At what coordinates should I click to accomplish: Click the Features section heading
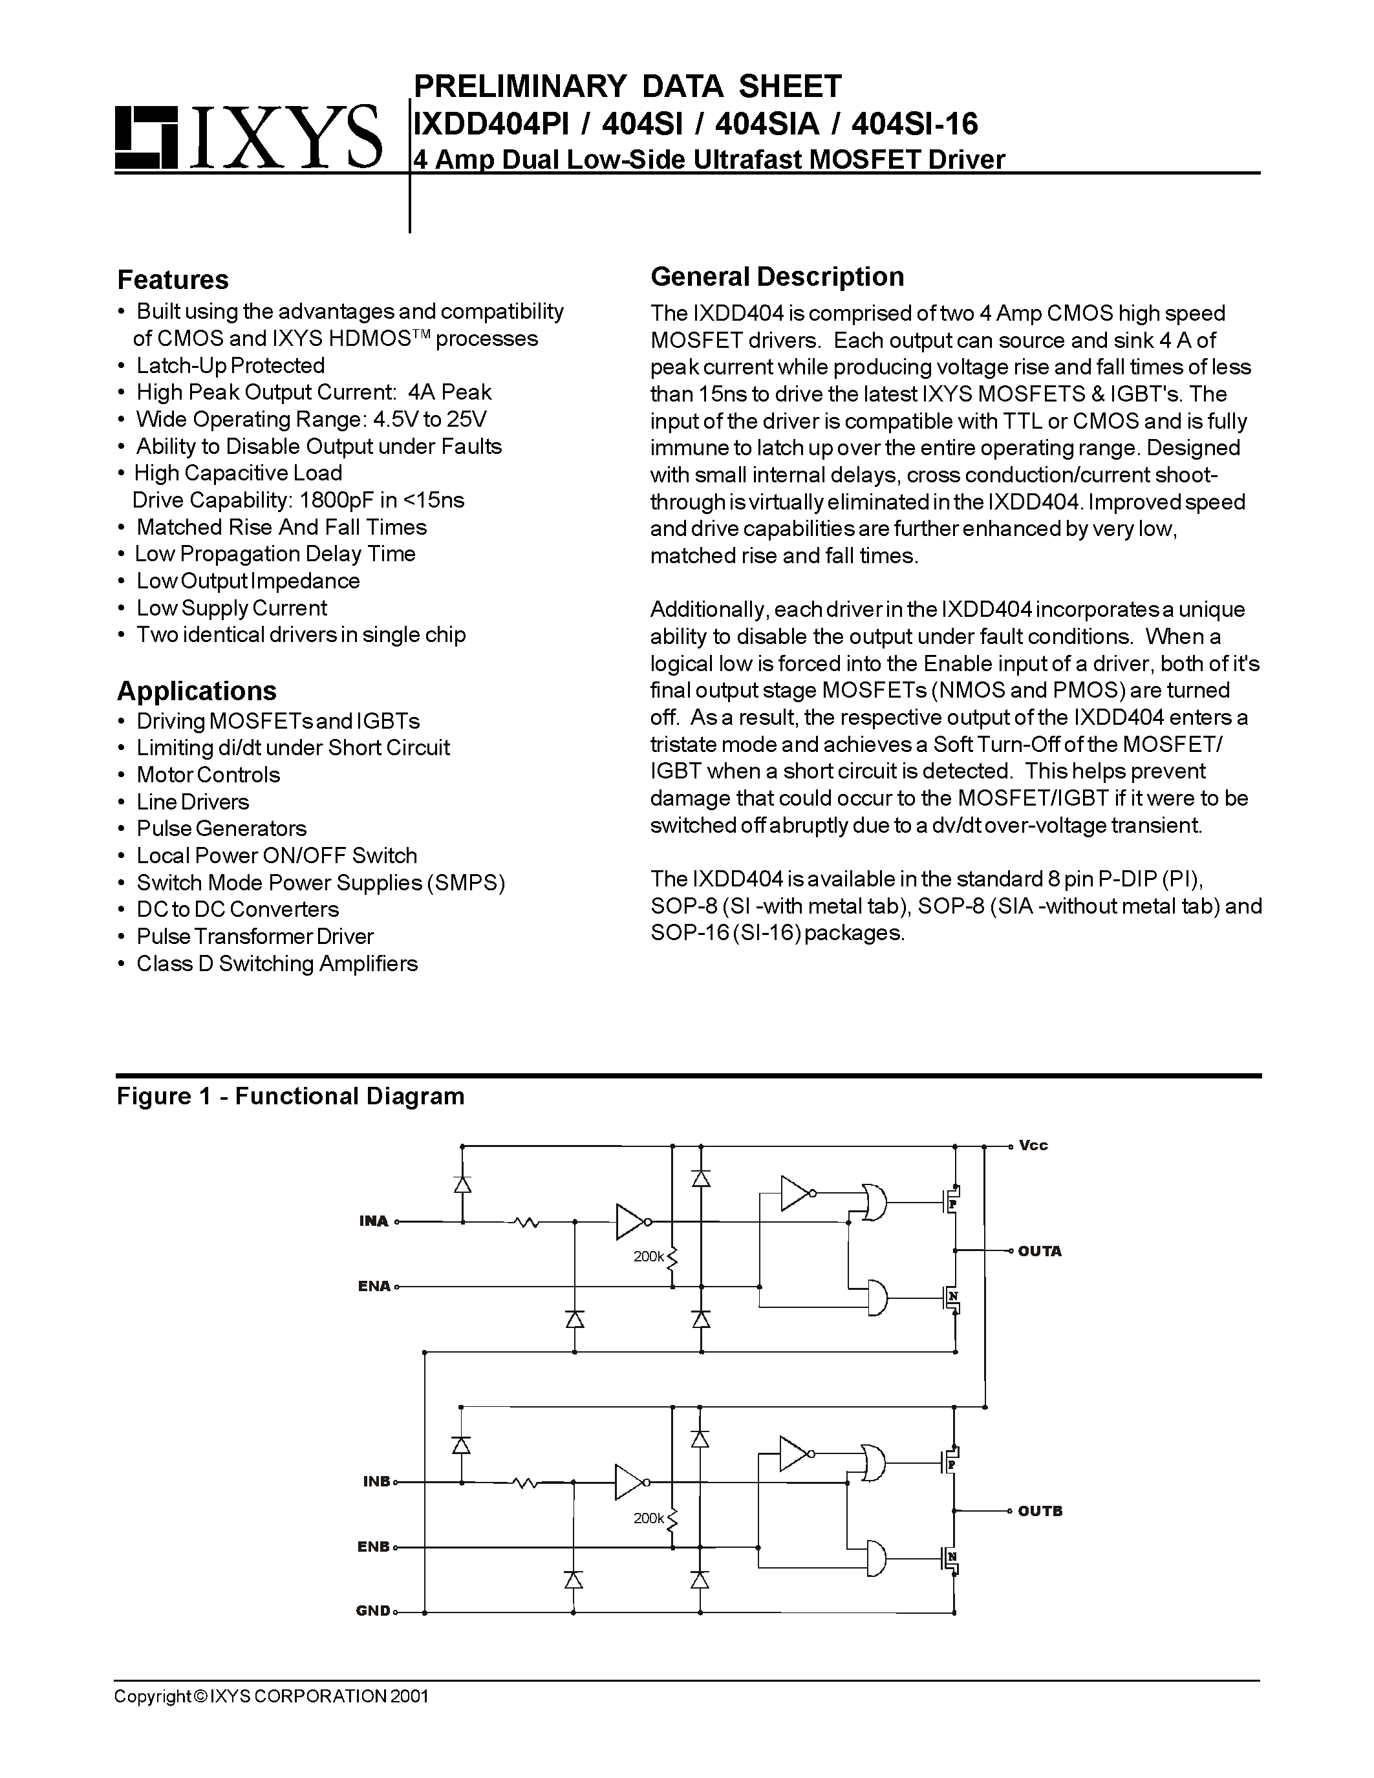click(x=173, y=279)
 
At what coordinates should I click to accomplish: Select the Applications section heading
click(x=197, y=691)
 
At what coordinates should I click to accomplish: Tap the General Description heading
click(x=777, y=277)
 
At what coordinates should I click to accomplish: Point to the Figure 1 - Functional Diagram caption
click(x=290, y=1096)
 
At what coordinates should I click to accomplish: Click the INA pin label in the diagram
click(x=374, y=1221)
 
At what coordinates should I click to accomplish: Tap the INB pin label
click(x=376, y=1482)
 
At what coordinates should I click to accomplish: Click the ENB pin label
click(x=374, y=1547)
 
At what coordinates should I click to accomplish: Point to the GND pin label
click(x=373, y=1611)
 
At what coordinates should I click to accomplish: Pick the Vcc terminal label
click(x=1033, y=1146)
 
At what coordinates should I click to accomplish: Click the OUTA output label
click(x=1040, y=1251)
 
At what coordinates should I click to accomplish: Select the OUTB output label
click(x=1040, y=1511)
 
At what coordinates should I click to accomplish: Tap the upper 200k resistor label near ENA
click(x=649, y=1256)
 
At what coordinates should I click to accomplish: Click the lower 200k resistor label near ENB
click(x=649, y=1517)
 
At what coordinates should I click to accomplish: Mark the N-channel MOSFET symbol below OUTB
click(x=950, y=1559)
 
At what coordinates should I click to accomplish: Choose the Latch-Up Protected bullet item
click(x=230, y=365)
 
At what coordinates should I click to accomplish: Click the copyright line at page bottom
click(x=271, y=1696)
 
